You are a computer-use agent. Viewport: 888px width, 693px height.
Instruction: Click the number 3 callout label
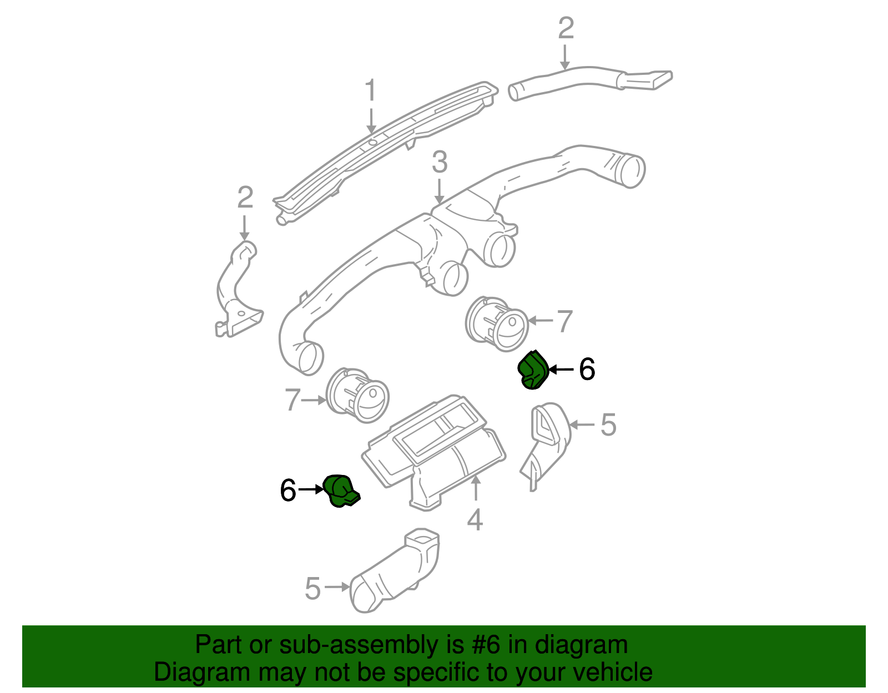pyautogui.click(x=440, y=163)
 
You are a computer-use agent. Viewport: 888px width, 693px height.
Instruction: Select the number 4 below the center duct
pyautogui.click(x=475, y=520)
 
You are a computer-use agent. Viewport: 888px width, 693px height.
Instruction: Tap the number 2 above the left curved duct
pyautogui.click(x=245, y=198)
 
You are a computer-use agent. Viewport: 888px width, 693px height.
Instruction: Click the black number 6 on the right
pyautogui.click(x=587, y=370)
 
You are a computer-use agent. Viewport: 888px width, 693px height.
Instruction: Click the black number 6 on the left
pyautogui.click(x=288, y=490)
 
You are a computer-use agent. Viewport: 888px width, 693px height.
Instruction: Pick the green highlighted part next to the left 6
pyautogui.click(x=340, y=490)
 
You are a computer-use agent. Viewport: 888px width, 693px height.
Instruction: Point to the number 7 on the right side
pyautogui.click(x=564, y=321)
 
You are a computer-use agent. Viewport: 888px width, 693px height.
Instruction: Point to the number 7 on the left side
pyautogui.click(x=292, y=399)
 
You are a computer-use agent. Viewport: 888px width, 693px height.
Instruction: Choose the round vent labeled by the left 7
pyautogui.click(x=358, y=395)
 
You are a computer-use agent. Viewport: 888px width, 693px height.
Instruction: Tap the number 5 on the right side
pyautogui.click(x=608, y=425)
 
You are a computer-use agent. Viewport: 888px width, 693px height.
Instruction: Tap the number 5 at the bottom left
pyautogui.click(x=312, y=588)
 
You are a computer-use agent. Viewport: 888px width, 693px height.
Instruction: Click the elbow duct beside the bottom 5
pyautogui.click(x=397, y=574)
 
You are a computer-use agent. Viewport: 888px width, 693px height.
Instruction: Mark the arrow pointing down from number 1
pyautogui.click(x=371, y=119)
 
